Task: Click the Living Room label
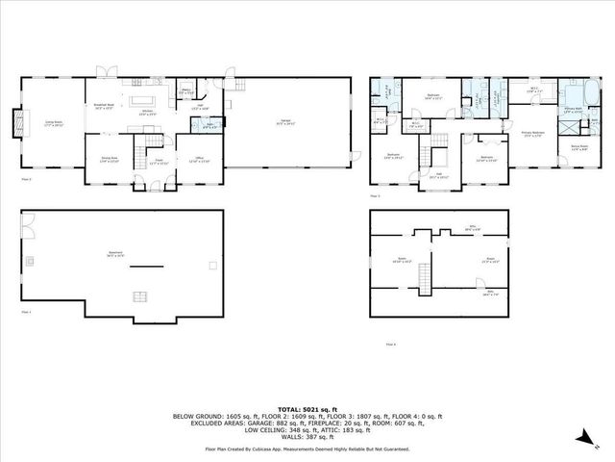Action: point(54,124)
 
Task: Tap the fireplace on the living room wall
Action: point(12,124)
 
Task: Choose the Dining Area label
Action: point(110,160)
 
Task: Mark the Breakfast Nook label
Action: point(104,106)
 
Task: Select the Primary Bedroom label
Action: point(534,134)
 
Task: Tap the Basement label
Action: point(114,255)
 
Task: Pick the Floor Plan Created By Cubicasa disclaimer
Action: point(307,449)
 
